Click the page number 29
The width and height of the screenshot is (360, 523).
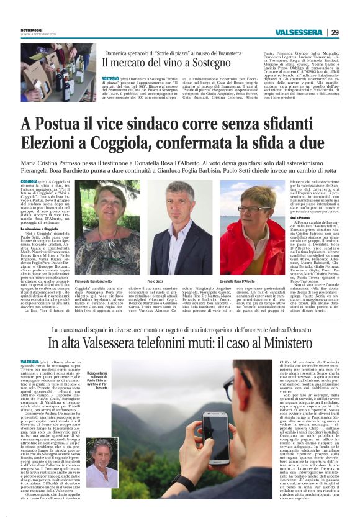click(352, 32)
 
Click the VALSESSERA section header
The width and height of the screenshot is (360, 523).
click(299, 32)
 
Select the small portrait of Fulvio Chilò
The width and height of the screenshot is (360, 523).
click(102, 463)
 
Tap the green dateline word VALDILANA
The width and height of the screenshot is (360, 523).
click(29, 360)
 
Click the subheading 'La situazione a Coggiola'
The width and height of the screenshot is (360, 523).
click(43, 229)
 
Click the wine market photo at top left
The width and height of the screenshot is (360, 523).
click(50, 72)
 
